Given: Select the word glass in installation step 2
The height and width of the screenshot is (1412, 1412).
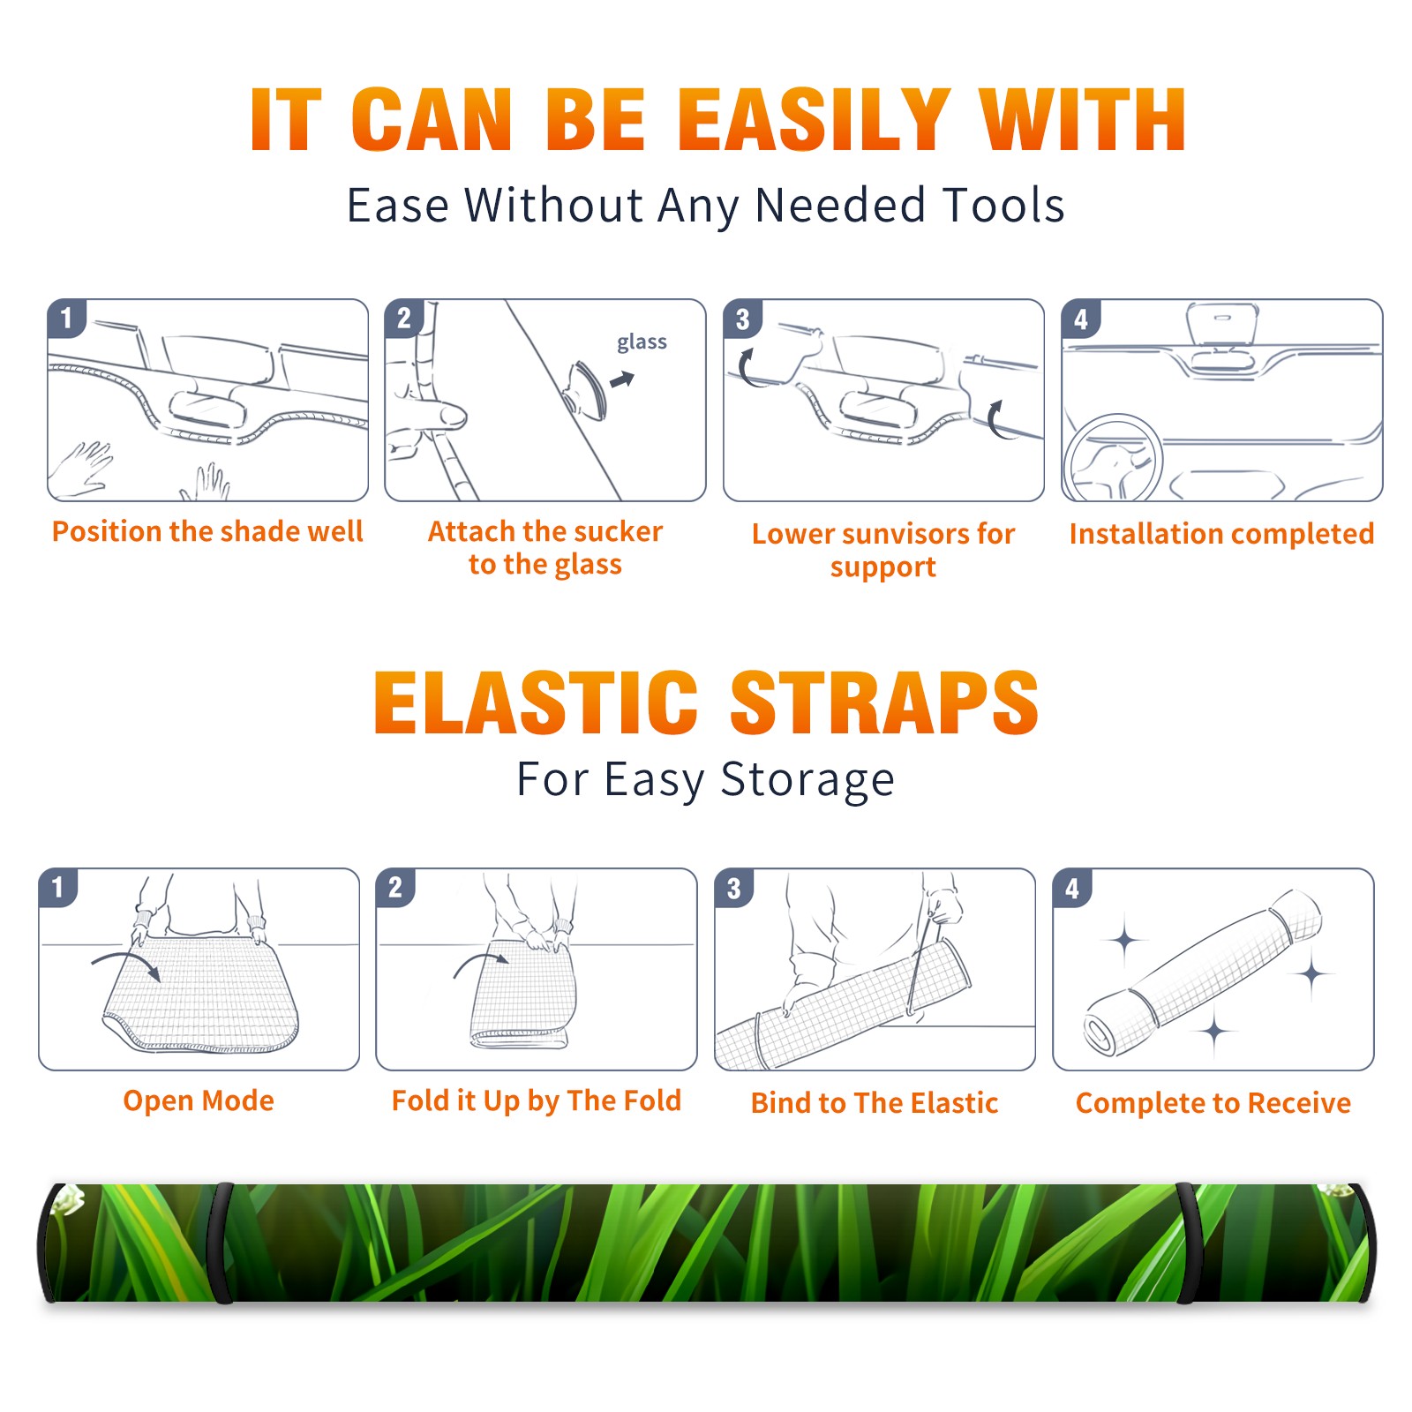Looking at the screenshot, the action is click(x=642, y=342).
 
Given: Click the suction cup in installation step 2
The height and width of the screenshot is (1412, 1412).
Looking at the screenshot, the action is click(x=586, y=389).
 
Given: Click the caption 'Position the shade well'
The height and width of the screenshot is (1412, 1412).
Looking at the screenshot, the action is click(x=207, y=531).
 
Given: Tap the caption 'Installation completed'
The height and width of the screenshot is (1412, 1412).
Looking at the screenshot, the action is click(x=1221, y=534).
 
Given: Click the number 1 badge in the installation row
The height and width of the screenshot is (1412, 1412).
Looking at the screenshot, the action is click(x=66, y=317).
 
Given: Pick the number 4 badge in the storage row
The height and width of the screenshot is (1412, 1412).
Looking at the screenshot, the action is click(x=1072, y=887).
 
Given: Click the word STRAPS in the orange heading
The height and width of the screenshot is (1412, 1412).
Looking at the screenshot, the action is click(x=884, y=702).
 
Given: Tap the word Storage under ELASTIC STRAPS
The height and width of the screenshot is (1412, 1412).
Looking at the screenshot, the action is click(x=807, y=780).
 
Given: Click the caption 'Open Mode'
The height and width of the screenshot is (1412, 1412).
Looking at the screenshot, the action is click(x=199, y=1101).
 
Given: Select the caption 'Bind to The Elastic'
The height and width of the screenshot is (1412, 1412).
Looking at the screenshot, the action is click(x=875, y=1103).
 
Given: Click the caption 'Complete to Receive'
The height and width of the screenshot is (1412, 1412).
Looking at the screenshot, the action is click(x=1213, y=1103).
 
